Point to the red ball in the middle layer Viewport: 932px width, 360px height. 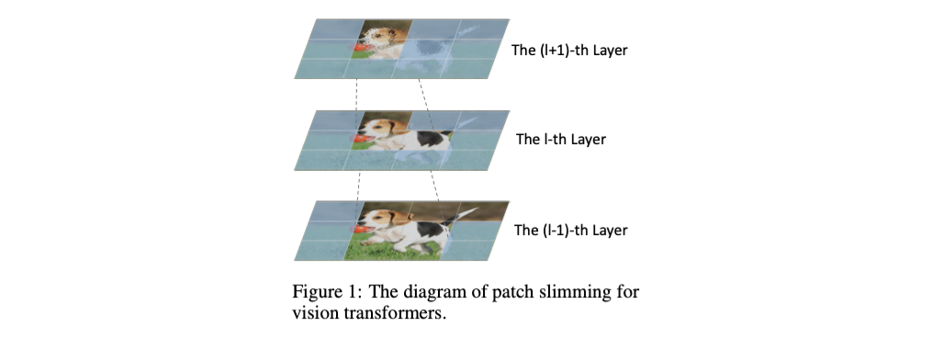[359, 139]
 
